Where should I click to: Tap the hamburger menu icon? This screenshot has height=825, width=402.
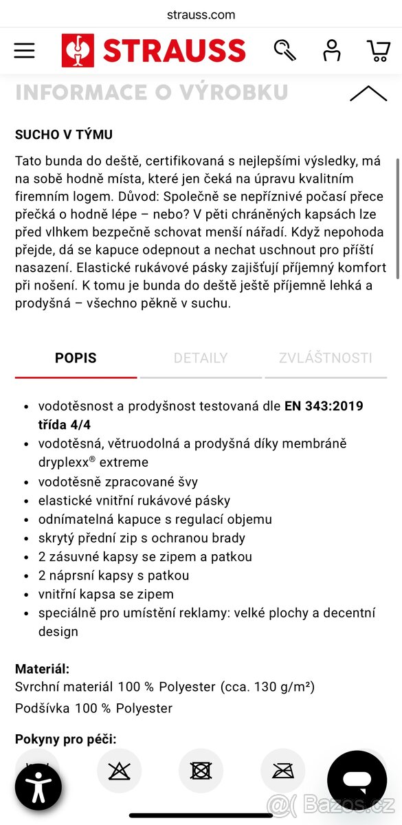24,50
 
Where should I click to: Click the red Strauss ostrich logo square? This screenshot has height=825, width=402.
78,51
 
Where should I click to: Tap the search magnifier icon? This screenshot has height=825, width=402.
284,50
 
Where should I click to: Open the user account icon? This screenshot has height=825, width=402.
332,50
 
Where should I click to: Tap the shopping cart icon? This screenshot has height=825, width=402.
379,50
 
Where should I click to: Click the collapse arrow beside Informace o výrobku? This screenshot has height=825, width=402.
368,94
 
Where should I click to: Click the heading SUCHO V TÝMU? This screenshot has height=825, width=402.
64,135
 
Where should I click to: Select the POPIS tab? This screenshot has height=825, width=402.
76,358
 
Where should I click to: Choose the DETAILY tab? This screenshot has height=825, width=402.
200,358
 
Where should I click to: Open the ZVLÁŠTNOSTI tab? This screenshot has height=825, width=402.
326,358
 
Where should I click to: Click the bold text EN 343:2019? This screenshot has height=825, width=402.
324,406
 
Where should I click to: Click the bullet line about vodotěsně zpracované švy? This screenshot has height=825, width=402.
118,482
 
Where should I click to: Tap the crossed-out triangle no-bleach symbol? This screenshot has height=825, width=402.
119,770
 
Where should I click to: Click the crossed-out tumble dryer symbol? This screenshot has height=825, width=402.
201,770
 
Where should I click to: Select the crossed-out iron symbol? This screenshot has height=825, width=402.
283,770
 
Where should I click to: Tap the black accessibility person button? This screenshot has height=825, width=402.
38,787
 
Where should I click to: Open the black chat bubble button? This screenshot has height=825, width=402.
357,780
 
